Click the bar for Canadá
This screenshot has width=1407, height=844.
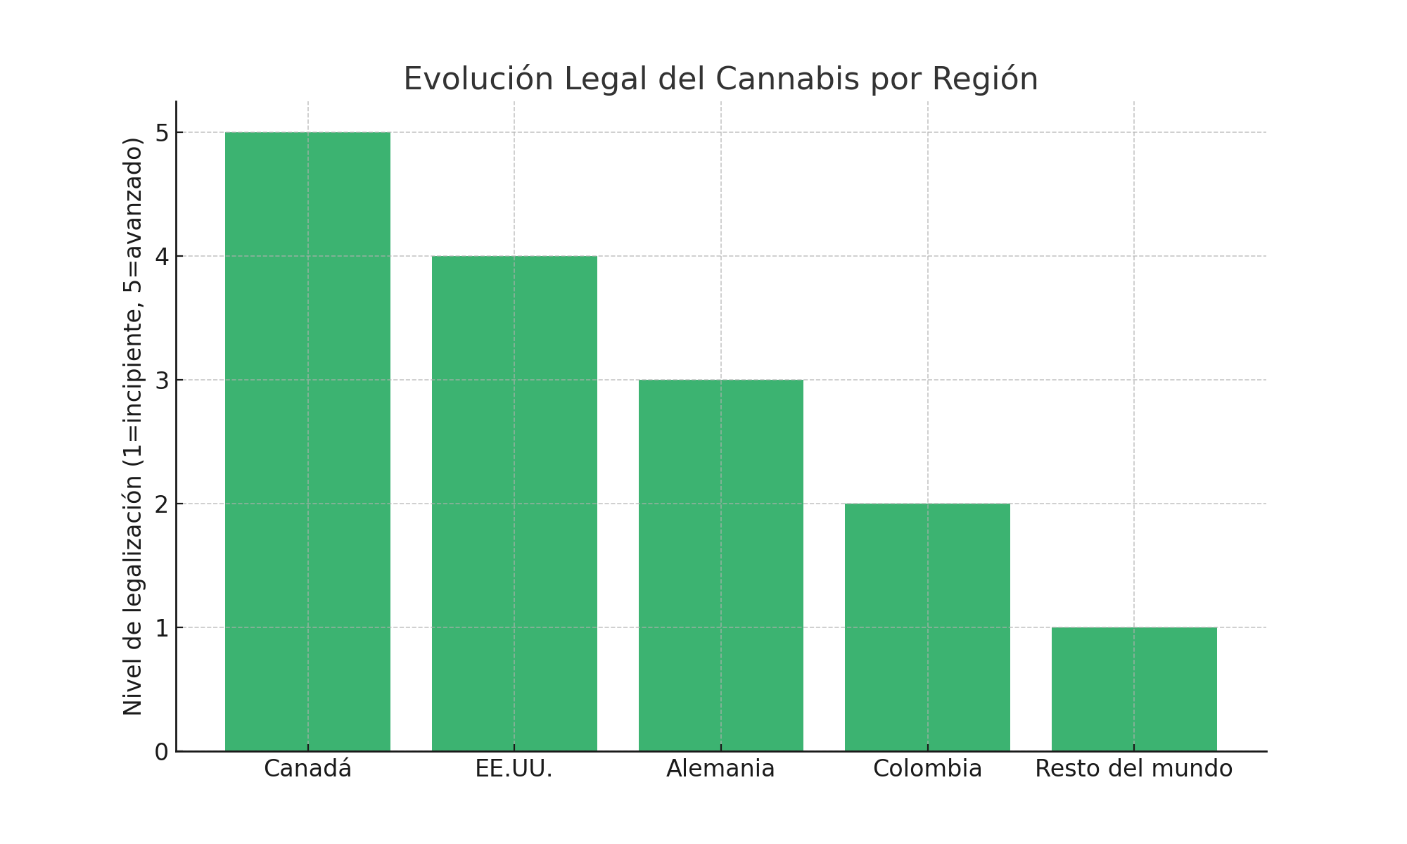click(307, 442)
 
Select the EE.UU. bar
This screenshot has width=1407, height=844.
click(514, 504)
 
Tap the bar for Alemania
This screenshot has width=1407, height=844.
click(720, 565)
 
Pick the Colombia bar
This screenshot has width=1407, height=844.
click(927, 627)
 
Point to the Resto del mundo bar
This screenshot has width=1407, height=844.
click(1134, 689)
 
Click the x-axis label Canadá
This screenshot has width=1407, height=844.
click(307, 769)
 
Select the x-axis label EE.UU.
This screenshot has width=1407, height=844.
click(514, 769)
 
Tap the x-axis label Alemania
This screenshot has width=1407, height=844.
click(720, 769)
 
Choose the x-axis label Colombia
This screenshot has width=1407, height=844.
click(927, 769)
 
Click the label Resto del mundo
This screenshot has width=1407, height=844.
click(1134, 769)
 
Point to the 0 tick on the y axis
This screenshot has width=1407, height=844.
click(162, 752)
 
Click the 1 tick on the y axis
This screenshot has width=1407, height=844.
click(162, 628)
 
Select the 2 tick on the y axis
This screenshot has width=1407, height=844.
click(162, 504)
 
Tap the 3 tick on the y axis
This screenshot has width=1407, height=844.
click(162, 381)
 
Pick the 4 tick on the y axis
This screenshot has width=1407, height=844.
click(162, 257)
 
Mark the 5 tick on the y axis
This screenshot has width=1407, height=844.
click(162, 133)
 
